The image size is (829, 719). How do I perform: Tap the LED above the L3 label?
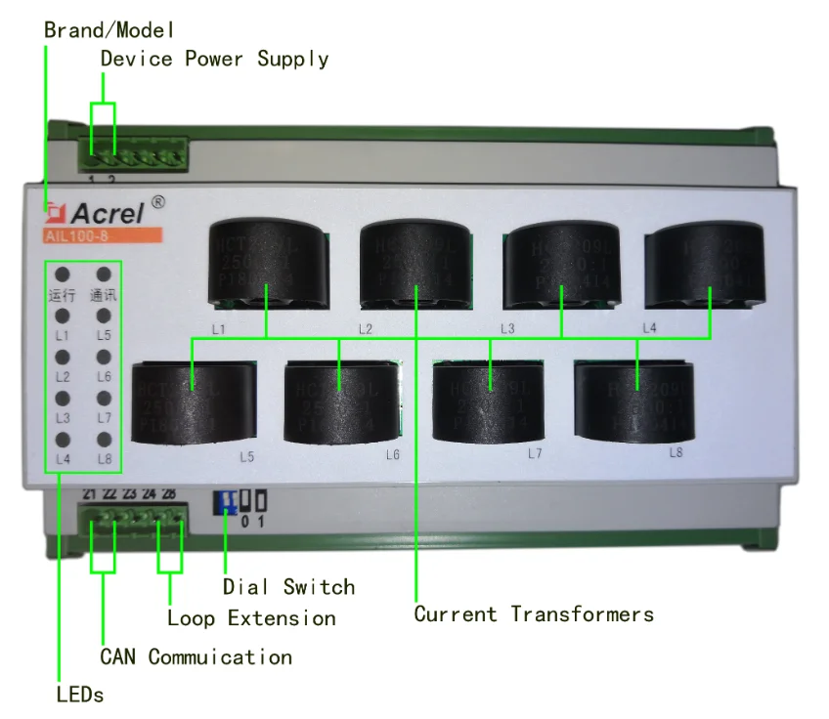tap(62, 399)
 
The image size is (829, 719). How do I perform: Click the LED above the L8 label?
tap(104, 440)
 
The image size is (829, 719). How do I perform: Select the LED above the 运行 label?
tap(62, 275)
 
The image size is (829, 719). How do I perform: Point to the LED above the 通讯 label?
tap(104, 275)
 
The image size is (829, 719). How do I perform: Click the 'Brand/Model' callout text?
tap(109, 29)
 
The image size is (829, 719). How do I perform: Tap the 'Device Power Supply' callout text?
tap(214, 59)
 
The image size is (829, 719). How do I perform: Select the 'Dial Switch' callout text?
tap(288, 587)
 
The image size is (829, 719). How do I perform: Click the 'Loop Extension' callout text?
tap(251, 617)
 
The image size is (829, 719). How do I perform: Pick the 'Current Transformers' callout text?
tap(534, 613)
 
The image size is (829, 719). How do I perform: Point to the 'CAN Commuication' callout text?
tap(196, 656)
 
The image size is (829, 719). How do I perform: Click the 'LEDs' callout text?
tap(79, 695)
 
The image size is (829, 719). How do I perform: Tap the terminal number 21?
tap(90, 494)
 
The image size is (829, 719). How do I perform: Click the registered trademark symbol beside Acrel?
tap(158, 201)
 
